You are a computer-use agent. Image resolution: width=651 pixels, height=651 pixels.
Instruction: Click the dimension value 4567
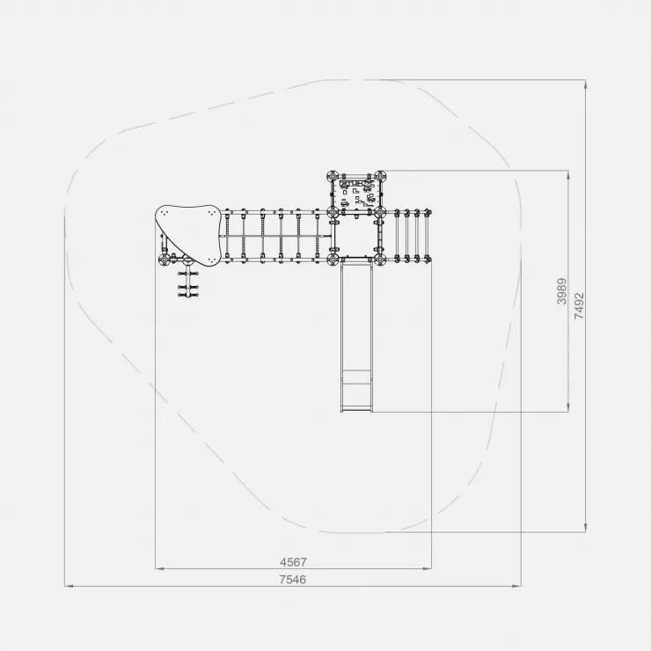point(293,562)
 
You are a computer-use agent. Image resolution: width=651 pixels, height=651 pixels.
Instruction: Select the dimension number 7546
point(293,580)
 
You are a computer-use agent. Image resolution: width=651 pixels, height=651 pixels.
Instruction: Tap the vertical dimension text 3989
point(562,291)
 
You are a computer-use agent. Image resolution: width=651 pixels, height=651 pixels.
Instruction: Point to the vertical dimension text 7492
point(579,306)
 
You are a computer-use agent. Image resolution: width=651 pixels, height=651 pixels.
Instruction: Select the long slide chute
point(355,334)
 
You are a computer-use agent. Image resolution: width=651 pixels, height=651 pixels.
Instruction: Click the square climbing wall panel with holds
point(355,194)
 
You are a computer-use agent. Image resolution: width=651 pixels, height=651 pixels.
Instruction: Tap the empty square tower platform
point(355,237)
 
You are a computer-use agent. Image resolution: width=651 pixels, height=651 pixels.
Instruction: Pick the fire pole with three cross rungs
point(188,282)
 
